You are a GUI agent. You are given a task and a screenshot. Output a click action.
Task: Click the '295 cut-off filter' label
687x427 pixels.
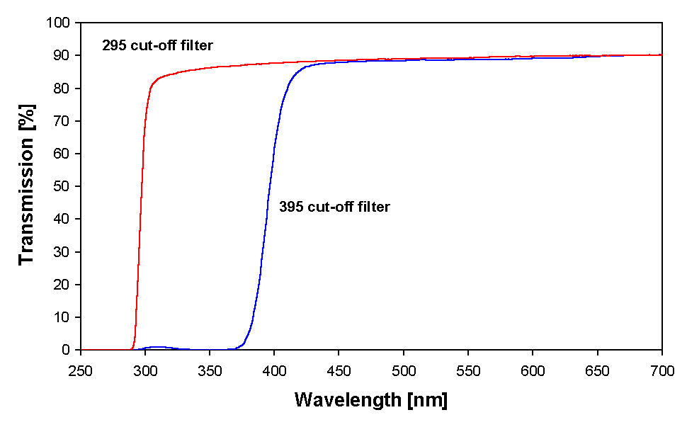157,47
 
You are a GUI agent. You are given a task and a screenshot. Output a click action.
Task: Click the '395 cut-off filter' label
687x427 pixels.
334,207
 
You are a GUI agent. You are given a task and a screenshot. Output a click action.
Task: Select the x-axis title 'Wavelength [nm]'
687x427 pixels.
370,400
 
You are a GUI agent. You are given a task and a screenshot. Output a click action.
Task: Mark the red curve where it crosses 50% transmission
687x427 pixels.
142,186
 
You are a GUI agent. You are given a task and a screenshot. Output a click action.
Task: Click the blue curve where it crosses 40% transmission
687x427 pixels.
266,219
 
